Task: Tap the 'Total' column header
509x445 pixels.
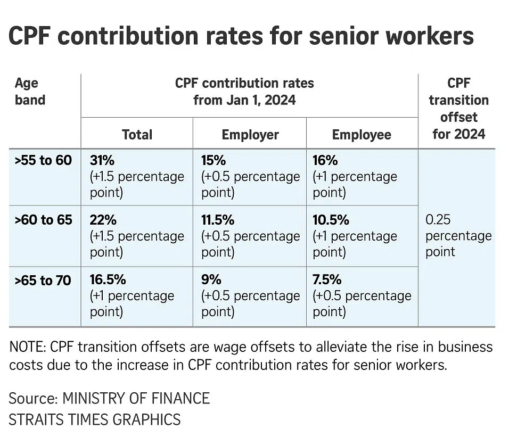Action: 137,135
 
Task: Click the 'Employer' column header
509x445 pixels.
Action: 250,135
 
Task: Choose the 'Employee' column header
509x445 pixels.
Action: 362,135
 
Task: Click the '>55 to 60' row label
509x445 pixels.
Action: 43,160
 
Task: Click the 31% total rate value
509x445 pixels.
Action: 102,160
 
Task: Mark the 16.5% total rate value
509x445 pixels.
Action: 109,280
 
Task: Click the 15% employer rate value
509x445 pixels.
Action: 214,160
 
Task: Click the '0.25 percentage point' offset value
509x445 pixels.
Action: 458,235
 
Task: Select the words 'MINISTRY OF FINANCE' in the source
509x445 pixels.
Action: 136,398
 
